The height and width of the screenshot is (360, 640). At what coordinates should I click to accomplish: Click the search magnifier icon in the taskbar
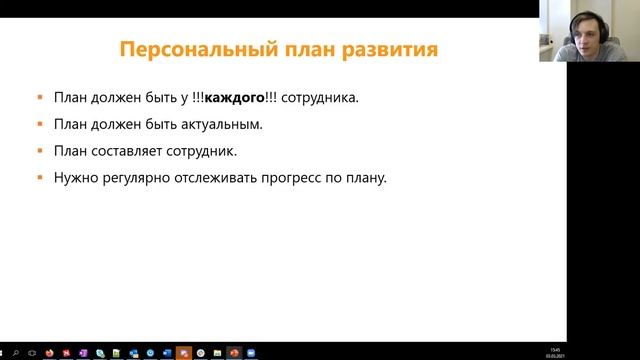[x=17, y=352]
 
